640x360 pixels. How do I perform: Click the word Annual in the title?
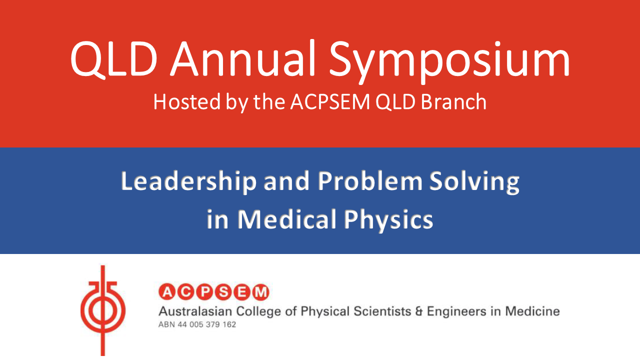pos(242,58)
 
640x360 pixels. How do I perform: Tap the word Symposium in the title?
pos(449,61)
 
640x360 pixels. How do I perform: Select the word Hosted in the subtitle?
pos(187,101)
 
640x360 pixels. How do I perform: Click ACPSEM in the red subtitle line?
pos(330,101)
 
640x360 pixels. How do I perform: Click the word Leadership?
pos(189,181)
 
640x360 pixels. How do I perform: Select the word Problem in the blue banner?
pos(370,181)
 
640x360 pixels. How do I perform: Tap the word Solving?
pos(474,182)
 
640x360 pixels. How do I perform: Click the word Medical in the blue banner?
pos(287,219)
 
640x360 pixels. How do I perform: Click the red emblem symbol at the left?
pos(103,310)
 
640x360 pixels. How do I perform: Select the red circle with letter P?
pos(205,292)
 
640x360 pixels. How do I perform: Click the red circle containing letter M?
pos(260,292)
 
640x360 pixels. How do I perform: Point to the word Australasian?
pos(195,311)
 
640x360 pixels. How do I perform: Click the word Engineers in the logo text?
pos(456,311)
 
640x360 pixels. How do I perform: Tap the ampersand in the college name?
pos(419,311)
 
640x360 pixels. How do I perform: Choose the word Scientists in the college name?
pos(382,311)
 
